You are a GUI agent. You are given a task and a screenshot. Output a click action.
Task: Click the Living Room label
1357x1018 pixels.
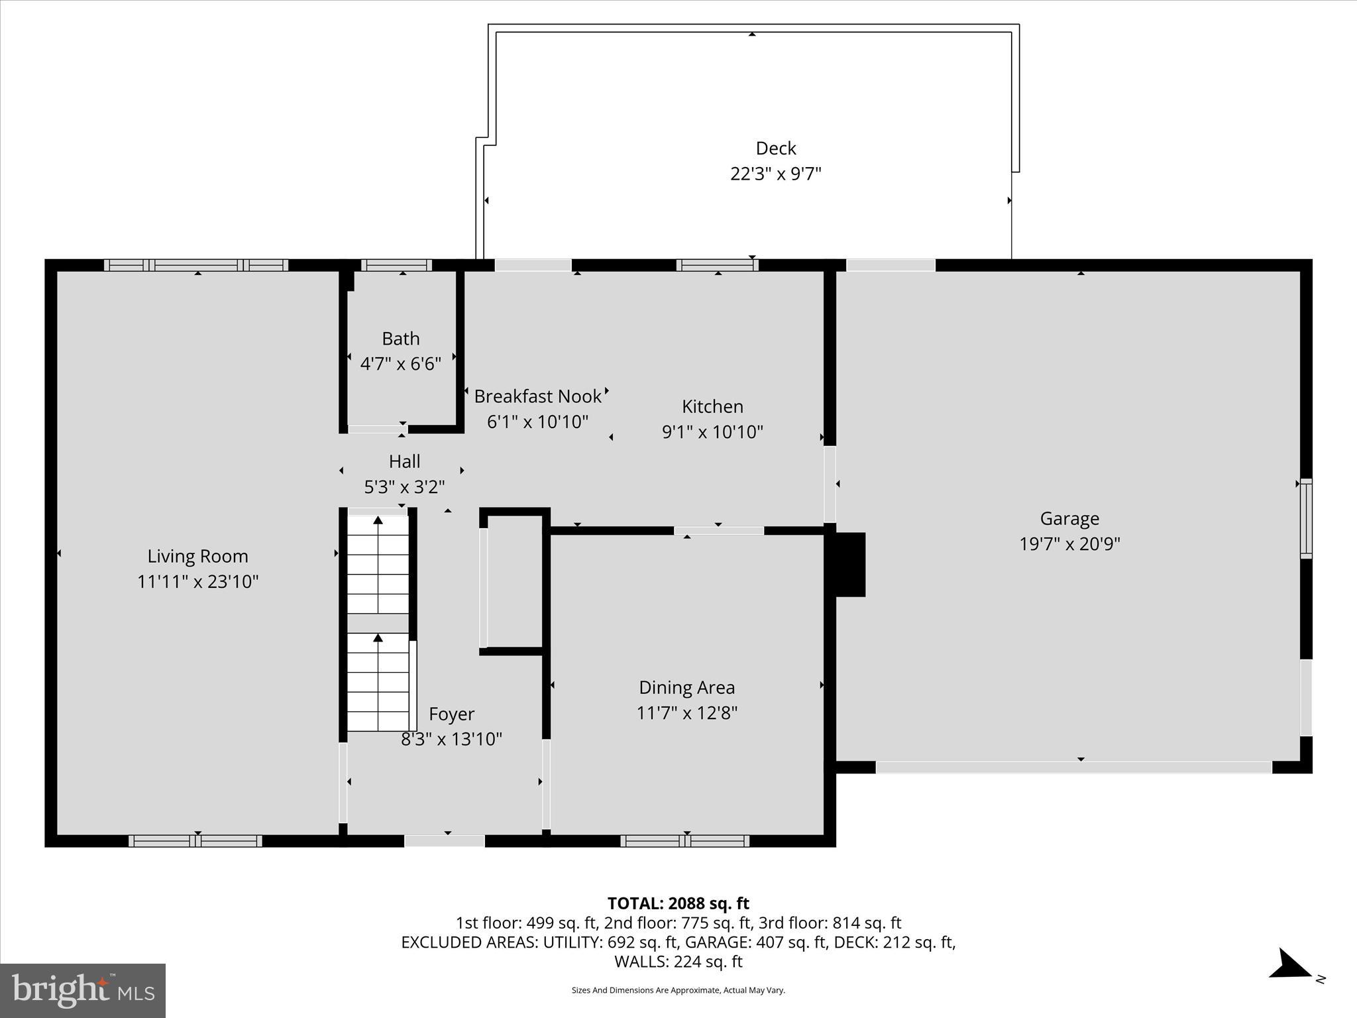[x=197, y=556]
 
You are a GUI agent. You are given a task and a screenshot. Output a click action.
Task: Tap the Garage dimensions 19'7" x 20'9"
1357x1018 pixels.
[x=1069, y=544]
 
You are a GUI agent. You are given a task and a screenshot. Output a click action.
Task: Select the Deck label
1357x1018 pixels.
[x=775, y=148]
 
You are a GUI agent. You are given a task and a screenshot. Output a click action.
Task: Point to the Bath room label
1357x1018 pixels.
[x=400, y=339]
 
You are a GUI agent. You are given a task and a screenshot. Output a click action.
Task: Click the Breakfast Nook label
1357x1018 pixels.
[x=537, y=396]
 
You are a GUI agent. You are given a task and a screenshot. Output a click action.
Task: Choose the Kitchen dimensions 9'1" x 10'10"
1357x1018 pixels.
[x=712, y=432]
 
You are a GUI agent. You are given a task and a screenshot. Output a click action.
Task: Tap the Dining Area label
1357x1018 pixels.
[x=686, y=687]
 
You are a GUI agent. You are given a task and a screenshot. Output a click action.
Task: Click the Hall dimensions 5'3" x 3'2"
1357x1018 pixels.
[x=404, y=487]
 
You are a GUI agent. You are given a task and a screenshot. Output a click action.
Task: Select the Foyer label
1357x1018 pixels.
[x=451, y=714]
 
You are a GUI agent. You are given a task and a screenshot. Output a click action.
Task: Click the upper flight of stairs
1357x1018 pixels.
[x=378, y=565]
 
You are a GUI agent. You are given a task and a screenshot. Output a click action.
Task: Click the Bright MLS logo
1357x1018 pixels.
[x=83, y=990]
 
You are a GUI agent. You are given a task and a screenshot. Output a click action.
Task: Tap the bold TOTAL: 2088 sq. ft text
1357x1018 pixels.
[x=678, y=903]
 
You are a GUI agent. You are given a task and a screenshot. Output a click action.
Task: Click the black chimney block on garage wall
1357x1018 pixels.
[x=849, y=565]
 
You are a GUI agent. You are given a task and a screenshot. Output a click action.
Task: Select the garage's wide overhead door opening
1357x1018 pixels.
[x=1073, y=767]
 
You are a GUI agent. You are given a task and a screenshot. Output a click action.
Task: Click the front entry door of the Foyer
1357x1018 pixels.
[x=445, y=841]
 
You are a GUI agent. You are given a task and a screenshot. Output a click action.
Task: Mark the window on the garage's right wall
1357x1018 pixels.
[x=1305, y=519]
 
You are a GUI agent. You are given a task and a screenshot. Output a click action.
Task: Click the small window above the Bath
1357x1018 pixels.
[x=396, y=265]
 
